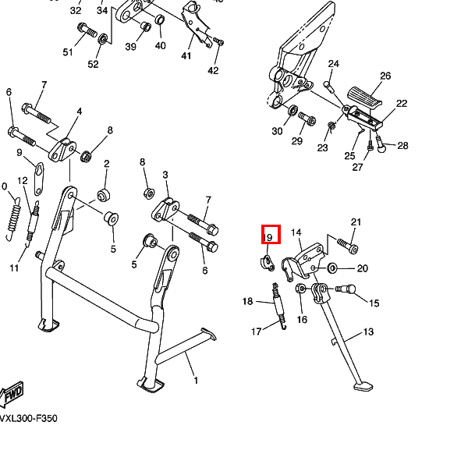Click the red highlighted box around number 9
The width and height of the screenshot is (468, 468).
(268, 236)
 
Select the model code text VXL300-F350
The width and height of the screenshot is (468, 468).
(28, 419)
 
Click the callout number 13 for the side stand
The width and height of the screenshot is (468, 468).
(368, 332)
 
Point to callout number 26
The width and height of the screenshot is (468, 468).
(385, 76)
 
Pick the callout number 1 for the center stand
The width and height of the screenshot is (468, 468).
(196, 381)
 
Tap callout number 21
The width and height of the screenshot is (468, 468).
(356, 222)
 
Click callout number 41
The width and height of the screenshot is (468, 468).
(186, 55)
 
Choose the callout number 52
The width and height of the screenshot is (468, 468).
(93, 64)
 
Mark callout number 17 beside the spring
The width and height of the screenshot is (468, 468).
(256, 332)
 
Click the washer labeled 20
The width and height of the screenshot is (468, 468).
(333, 269)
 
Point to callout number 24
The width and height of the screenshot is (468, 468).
(334, 63)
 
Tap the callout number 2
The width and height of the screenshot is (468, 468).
(106, 164)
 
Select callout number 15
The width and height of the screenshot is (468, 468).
(374, 303)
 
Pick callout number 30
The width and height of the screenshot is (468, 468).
(277, 131)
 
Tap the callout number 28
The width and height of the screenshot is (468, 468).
(402, 145)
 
